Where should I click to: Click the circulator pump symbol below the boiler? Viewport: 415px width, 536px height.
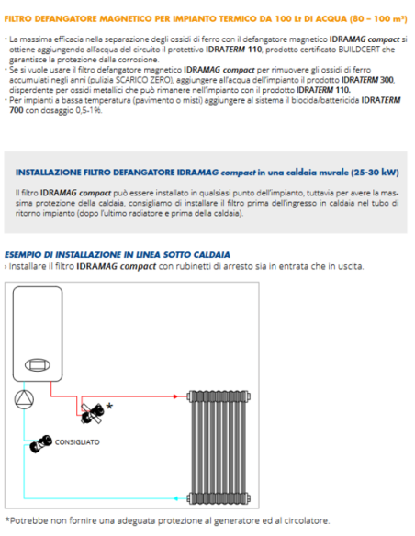point(22,398)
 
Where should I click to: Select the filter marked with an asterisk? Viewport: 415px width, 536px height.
point(94,412)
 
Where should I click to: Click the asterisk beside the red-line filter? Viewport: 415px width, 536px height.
point(110,406)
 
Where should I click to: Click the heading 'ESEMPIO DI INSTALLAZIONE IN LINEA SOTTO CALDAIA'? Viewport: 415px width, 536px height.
point(118,253)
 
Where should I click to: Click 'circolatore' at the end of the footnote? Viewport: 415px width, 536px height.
point(302,520)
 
